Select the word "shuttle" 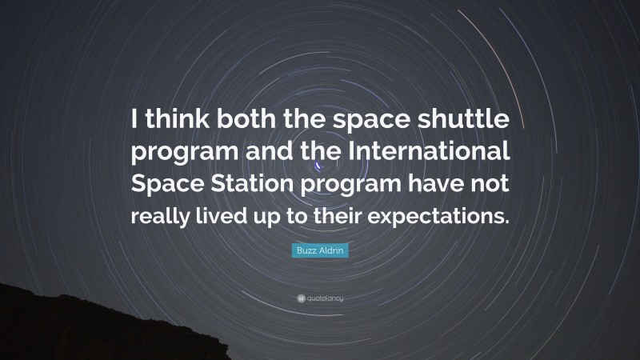click(x=465, y=121)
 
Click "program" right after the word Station click(x=353, y=185)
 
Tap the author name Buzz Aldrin click(x=320, y=251)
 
